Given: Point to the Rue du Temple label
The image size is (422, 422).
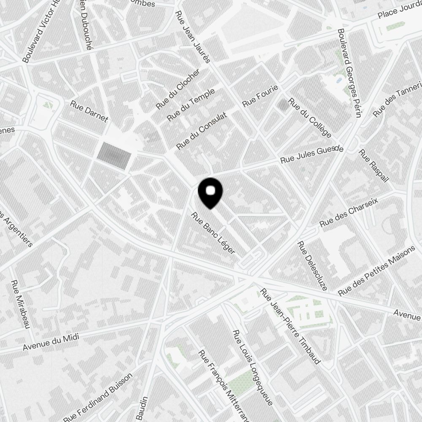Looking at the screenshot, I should coord(191,104).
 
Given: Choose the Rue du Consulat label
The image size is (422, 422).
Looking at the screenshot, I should coord(202,130).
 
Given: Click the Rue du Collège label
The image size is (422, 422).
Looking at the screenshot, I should coord(309,118).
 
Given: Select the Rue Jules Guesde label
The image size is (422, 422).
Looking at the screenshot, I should coord(312,155).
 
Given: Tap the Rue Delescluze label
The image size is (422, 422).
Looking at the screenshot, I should coord(312,266).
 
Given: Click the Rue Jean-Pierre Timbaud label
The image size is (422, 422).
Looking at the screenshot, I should coord(291,326).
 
